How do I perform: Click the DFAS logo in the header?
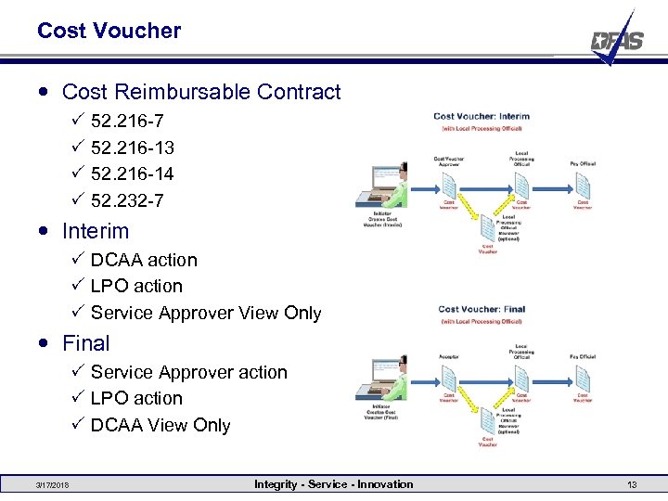point(617,39)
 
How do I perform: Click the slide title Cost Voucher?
point(109,31)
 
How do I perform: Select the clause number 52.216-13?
point(133,148)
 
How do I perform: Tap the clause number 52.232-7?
point(127,200)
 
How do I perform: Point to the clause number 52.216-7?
point(127,121)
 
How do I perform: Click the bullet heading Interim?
point(96,231)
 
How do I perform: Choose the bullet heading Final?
point(85,343)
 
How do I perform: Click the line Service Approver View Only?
point(206,313)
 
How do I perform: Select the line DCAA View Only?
point(161,425)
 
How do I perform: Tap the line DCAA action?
point(144,260)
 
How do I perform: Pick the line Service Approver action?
point(189,372)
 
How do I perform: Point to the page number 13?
point(632,485)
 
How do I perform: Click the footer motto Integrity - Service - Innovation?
point(334,484)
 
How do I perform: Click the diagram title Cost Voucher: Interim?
point(482,116)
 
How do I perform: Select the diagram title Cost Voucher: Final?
point(482,310)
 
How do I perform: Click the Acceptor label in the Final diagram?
point(448,355)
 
